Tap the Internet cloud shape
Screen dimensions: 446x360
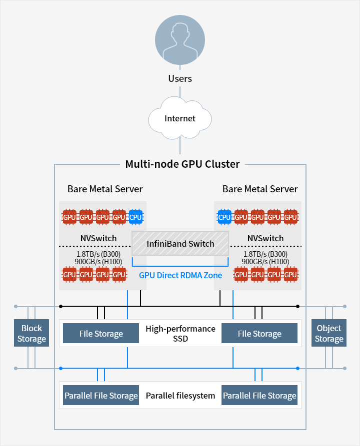click(180, 119)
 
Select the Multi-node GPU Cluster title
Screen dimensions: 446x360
click(182, 164)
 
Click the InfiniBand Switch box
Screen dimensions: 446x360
click(180, 244)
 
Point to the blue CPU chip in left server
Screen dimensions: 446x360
click(135, 217)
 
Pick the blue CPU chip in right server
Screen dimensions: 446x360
click(224, 217)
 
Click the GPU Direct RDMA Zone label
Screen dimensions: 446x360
click(180, 275)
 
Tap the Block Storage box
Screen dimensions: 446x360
click(31, 333)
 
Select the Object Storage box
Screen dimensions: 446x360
click(328, 333)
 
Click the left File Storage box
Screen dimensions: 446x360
click(101, 333)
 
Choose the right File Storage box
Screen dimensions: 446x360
click(259, 333)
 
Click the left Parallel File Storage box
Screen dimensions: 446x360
click(101, 396)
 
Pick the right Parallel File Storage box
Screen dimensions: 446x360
click(259, 396)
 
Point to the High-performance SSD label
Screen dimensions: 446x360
click(180, 333)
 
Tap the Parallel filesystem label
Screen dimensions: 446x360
click(180, 396)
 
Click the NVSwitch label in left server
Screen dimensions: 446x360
click(98, 238)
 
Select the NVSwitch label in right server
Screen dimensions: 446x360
click(265, 238)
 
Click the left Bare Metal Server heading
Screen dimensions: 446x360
click(105, 189)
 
